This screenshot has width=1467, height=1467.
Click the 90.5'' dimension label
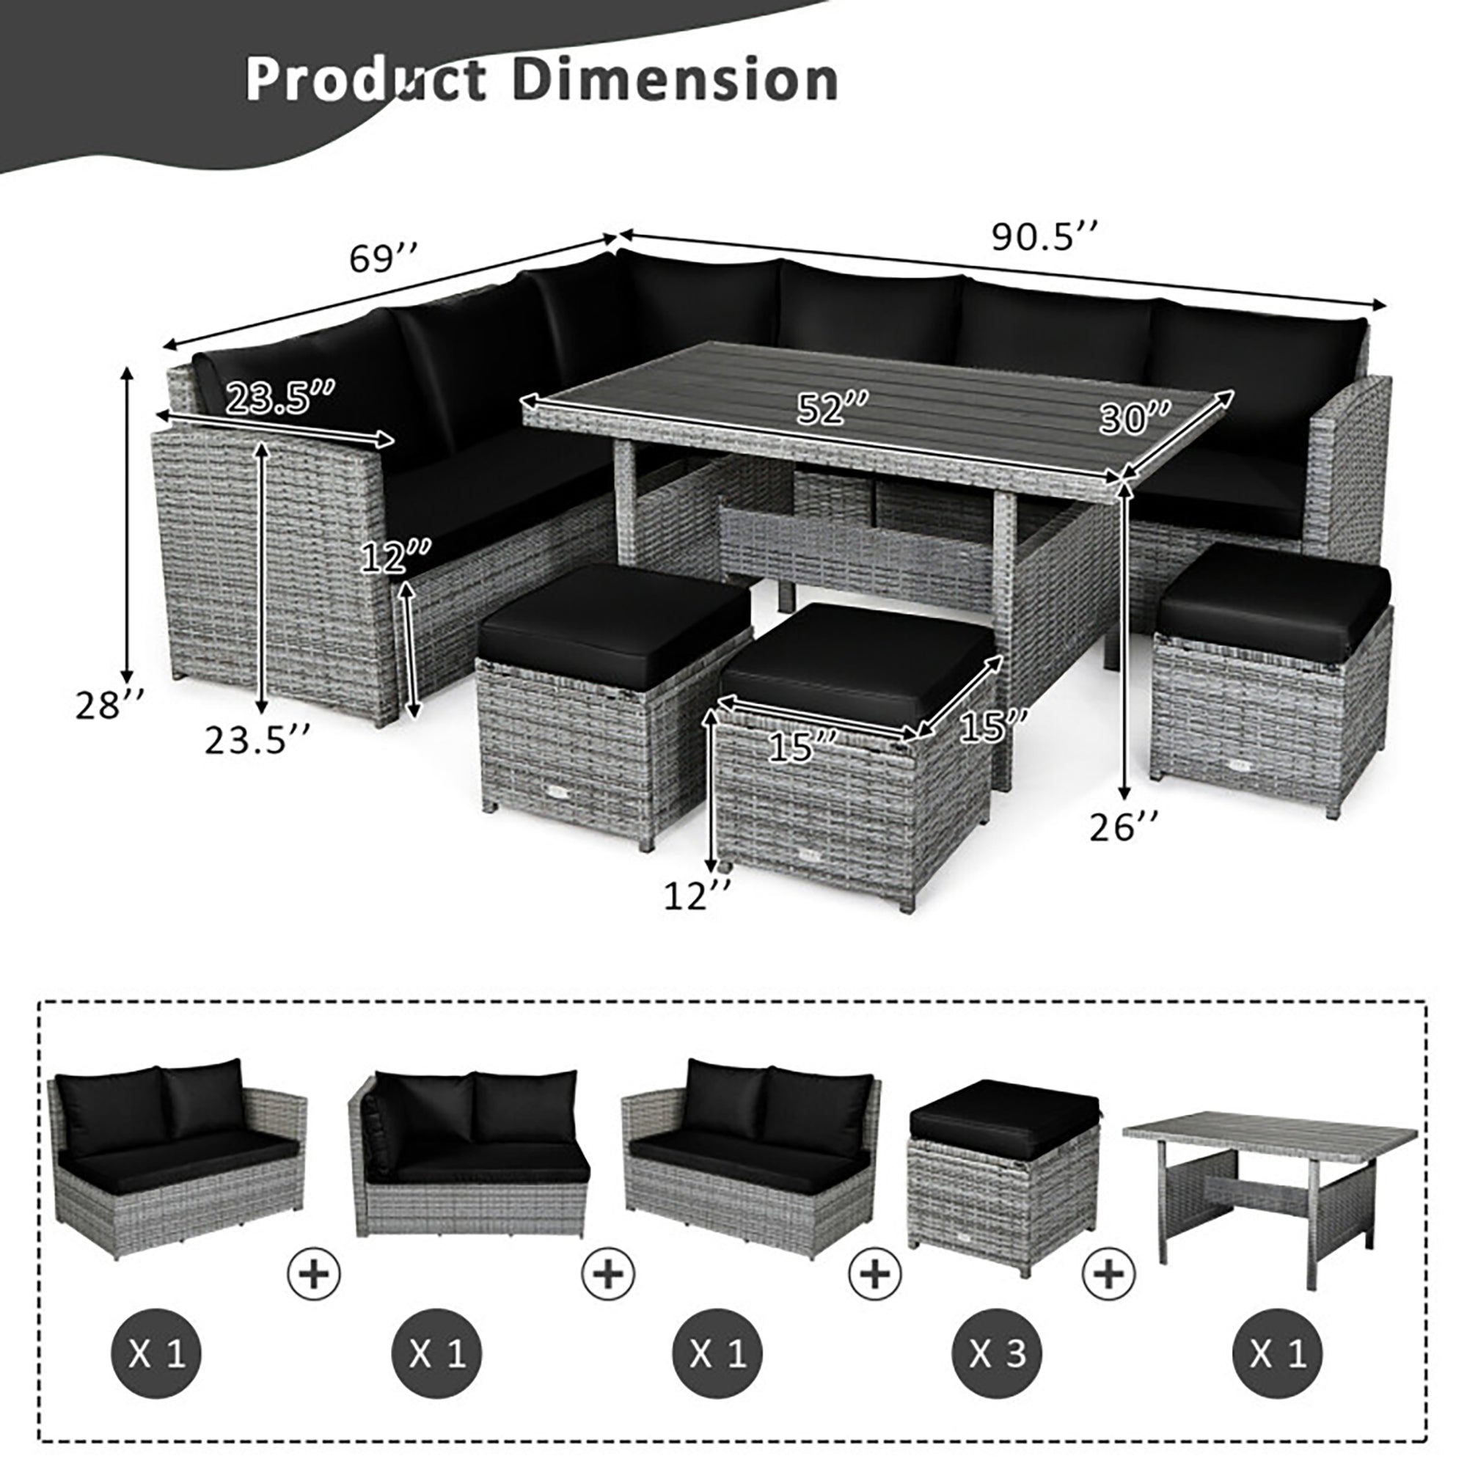coord(1045,237)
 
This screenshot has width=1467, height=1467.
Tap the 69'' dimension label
coord(384,258)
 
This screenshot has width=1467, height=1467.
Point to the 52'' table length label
coord(832,410)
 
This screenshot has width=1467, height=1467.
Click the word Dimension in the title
coord(676,81)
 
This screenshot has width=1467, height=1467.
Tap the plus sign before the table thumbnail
coord(1108,1272)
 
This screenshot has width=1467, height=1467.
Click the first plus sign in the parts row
coord(314,1272)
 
